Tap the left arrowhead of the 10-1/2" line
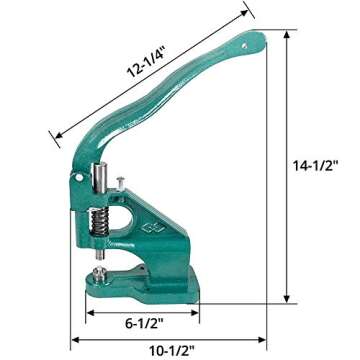(73, 337)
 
